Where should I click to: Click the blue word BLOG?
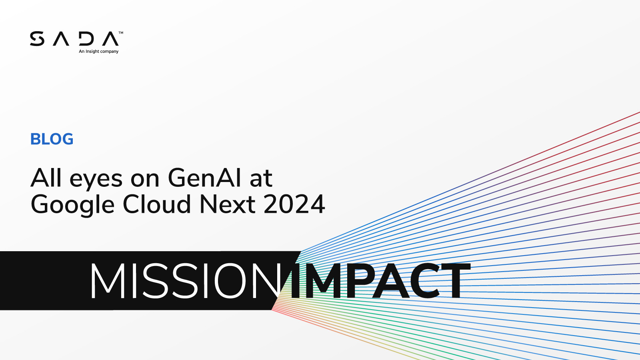[52, 139]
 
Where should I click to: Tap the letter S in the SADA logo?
[37, 39]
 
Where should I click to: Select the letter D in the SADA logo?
[86, 39]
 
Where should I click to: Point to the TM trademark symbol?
[121, 33]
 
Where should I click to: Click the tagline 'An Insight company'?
[98, 52]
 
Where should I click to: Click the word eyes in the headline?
[96, 179]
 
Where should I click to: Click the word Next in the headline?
[228, 204]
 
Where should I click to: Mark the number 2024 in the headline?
[294, 204]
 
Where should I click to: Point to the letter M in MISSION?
[107, 281]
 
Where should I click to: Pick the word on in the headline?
[145, 179]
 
